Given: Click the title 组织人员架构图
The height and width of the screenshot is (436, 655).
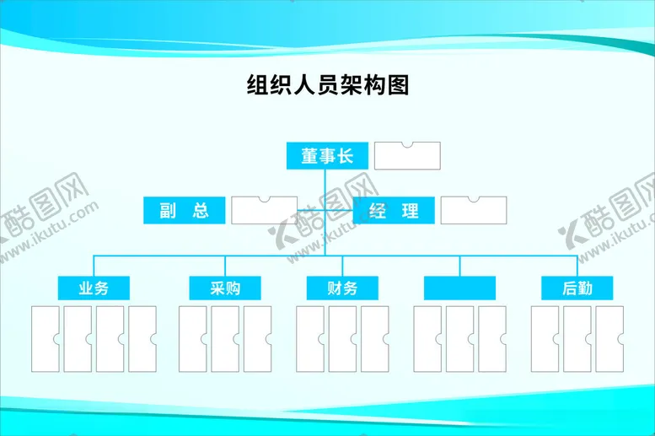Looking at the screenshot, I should pos(327,85).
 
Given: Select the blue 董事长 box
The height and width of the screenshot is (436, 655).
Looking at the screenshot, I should pos(326,156).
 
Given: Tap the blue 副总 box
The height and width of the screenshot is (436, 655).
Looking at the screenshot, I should pos(184,211).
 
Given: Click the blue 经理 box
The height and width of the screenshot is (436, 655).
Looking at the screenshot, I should pos(393,211).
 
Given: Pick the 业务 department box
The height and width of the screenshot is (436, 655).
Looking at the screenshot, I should pos(94,288).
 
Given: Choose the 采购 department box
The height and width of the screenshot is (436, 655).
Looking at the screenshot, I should pos(225,288).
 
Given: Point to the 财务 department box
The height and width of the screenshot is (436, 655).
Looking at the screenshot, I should pos(342,288).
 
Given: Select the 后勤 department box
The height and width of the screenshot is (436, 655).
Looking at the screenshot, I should pos(577,288).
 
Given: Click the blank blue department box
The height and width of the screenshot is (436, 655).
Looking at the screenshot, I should pos(459,288).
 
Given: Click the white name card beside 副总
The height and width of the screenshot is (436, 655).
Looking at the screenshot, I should pos(264,211).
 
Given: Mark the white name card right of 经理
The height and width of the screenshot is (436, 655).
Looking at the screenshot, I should pos(474,211).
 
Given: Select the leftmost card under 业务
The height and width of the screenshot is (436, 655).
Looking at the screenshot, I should pos(45,339).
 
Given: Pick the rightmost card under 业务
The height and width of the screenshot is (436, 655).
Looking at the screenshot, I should pos(142,339).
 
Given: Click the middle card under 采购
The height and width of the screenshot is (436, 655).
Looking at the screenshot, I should pos(225,339).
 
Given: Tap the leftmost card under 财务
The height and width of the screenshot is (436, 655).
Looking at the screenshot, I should pos(310,339).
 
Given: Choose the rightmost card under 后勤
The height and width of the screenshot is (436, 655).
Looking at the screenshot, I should pos(609,339).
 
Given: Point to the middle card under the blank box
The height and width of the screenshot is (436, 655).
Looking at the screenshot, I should pos(459,339).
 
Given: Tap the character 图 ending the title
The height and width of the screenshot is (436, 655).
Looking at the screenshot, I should pos(399,85).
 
